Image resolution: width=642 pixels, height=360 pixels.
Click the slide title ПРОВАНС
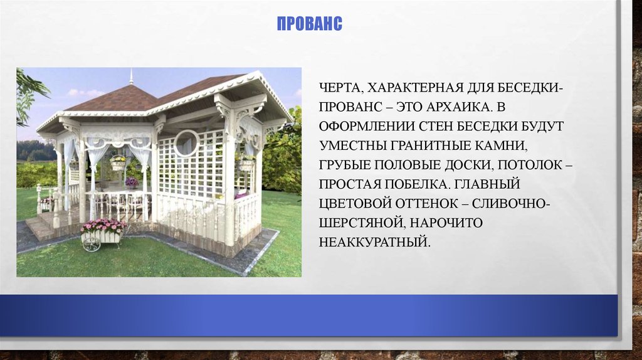click(309, 24)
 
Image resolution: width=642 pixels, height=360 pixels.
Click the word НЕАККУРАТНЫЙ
click(376, 240)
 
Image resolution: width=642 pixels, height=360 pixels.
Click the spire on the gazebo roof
click(131, 77)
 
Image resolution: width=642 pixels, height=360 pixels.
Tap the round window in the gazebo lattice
click(186, 143)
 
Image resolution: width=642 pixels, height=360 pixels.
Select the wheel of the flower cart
click(92, 243)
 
